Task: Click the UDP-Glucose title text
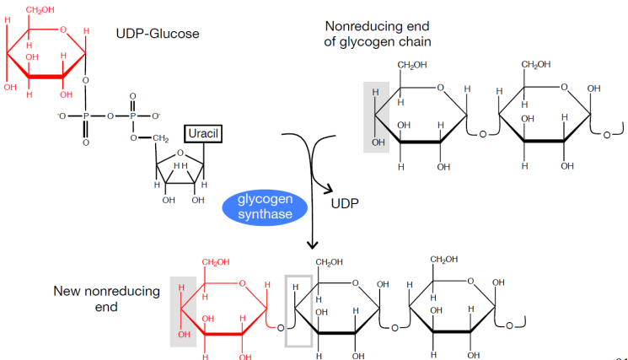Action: [x=157, y=34]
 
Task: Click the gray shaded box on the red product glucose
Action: [x=183, y=310]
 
